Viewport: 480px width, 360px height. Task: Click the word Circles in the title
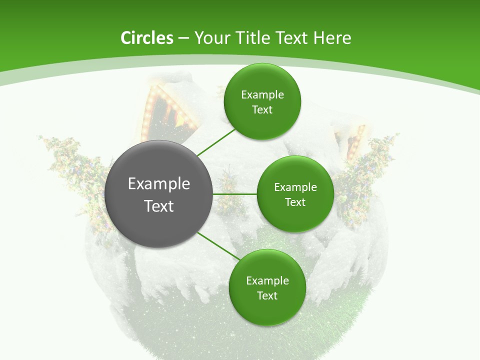click(x=146, y=38)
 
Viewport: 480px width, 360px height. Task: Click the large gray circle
click(x=158, y=220)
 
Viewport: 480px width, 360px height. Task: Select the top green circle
click(x=262, y=122)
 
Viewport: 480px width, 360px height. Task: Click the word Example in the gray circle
click(x=158, y=184)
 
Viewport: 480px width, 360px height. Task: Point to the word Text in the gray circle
click(x=158, y=206)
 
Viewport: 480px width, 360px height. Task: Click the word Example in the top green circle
click(x=262, y=95)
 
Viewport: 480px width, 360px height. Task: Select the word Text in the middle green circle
click(x=295, y=202)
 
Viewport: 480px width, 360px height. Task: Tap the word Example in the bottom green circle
click(x=267, y=281)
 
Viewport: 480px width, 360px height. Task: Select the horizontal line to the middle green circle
click(x=234, y=193)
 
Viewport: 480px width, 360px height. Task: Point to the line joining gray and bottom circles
click(x=218, y=246)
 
